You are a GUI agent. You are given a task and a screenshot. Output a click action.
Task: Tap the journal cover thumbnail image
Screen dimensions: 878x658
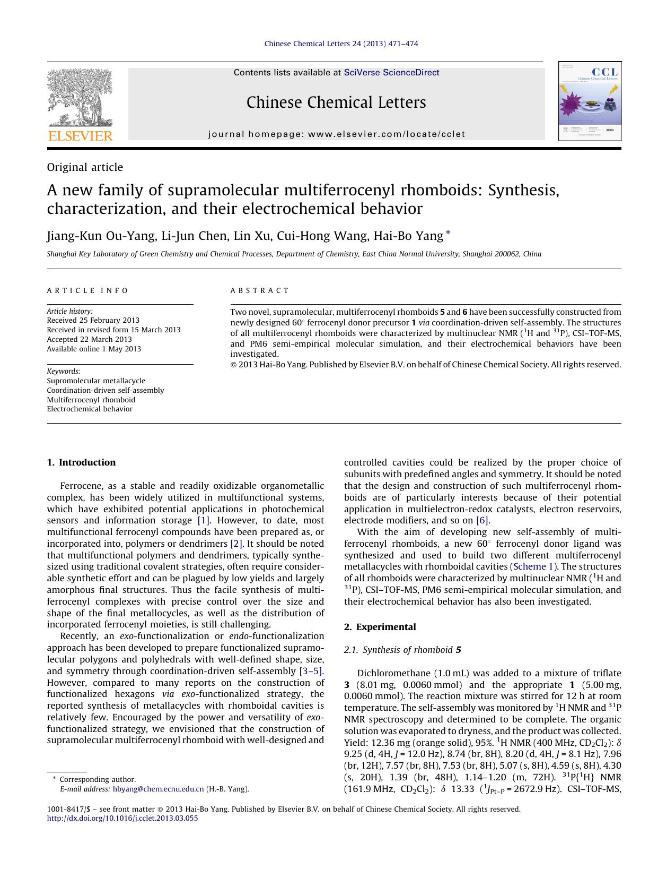pyautogui.click(x=590, y=101)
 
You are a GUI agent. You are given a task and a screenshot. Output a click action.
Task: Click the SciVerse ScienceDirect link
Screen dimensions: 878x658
pyautogui.click(x=391, y=73)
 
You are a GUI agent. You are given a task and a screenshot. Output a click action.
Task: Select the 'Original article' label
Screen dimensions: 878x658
pyautogui.click(x=85, y=167)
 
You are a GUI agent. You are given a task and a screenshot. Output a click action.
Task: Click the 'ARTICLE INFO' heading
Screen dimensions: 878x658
pyautogui.click(x=88, y=290)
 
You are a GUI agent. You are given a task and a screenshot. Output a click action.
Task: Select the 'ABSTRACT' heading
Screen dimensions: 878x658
pyautogui.click(x=260, y=290)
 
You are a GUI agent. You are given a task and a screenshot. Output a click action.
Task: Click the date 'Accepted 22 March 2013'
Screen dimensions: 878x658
pyautogui.click(x=89, y=339)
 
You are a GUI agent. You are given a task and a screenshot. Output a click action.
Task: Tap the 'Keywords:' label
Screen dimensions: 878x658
pyautogui.click(x=64, y=371)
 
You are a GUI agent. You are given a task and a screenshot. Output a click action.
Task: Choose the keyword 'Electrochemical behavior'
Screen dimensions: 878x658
pyautogui.click(x=90, y=409)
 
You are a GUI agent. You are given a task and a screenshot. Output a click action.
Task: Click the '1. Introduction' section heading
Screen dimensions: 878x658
pyautogui.click(x=81, y=462)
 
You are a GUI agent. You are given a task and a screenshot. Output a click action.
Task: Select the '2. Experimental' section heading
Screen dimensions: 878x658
pyautogui.click(x=380, y=627)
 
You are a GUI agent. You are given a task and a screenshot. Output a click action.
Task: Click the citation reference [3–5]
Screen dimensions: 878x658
pyautogui.click(x=311, y=671)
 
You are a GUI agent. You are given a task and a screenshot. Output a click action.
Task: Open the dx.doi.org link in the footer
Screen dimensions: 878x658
pyautogui.click(x=122, y=818)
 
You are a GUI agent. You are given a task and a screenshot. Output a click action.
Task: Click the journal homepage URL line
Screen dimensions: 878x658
pyautogui.click(x=337, y=134)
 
